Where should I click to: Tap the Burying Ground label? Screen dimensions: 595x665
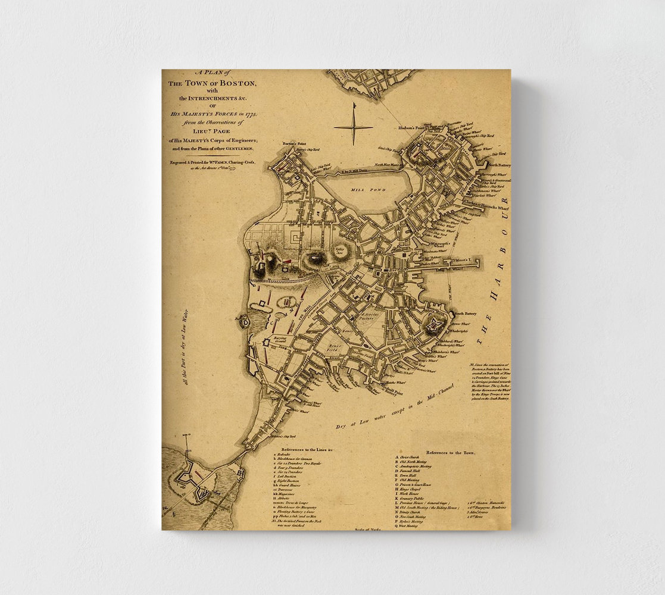pyautogui.click(x=279, y=339)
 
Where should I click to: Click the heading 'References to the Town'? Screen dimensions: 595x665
pyautogui.click(x=451, y=452)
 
